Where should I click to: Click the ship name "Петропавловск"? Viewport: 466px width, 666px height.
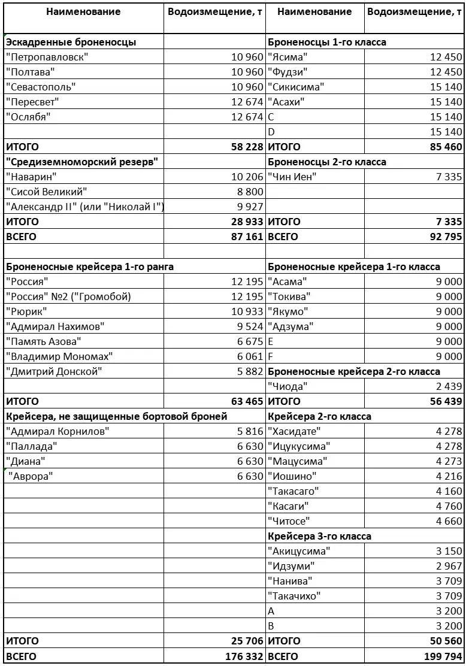47,57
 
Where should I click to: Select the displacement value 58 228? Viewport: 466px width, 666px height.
243,147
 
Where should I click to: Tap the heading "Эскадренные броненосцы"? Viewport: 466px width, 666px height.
71,42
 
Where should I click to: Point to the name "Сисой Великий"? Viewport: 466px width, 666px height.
47,192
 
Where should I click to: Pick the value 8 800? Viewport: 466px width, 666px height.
250,192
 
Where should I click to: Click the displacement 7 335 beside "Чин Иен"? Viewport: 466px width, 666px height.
450,177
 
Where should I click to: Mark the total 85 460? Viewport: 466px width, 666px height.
446,147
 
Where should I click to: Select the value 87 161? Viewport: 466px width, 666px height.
243,237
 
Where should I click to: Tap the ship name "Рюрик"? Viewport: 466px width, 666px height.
27,311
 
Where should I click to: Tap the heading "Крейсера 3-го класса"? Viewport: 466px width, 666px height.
319,536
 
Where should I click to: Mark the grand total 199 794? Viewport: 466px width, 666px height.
443,656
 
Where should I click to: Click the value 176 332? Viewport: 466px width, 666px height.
241,656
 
